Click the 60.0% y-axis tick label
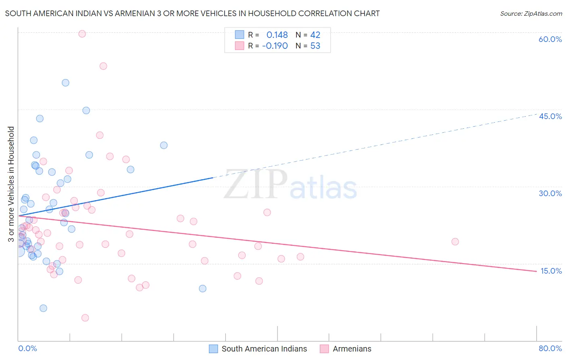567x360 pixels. click(550, 39)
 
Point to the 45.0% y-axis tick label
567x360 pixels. click(550, 116)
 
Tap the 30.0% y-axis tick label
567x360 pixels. click(550, 193)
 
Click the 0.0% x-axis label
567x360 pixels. click(27, 348)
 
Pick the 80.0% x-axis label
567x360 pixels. click(550, 348)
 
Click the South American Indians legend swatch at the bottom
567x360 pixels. click(213, 349)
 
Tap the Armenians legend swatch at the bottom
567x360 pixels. click(324, 349)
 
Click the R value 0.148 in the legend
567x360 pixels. click(277, 35)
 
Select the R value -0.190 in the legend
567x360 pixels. click(275, 46)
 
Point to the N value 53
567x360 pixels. click(315, 46)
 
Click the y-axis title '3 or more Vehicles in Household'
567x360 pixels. click(11, 184)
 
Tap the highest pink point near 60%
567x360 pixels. click(82, 34)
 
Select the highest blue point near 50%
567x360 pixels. click(65, 83)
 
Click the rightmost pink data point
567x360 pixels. click(455, 242)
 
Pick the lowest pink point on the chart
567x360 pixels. click(85, 318)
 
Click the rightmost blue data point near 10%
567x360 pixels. click(202, 289)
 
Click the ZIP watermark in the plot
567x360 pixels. click(255, 185)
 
